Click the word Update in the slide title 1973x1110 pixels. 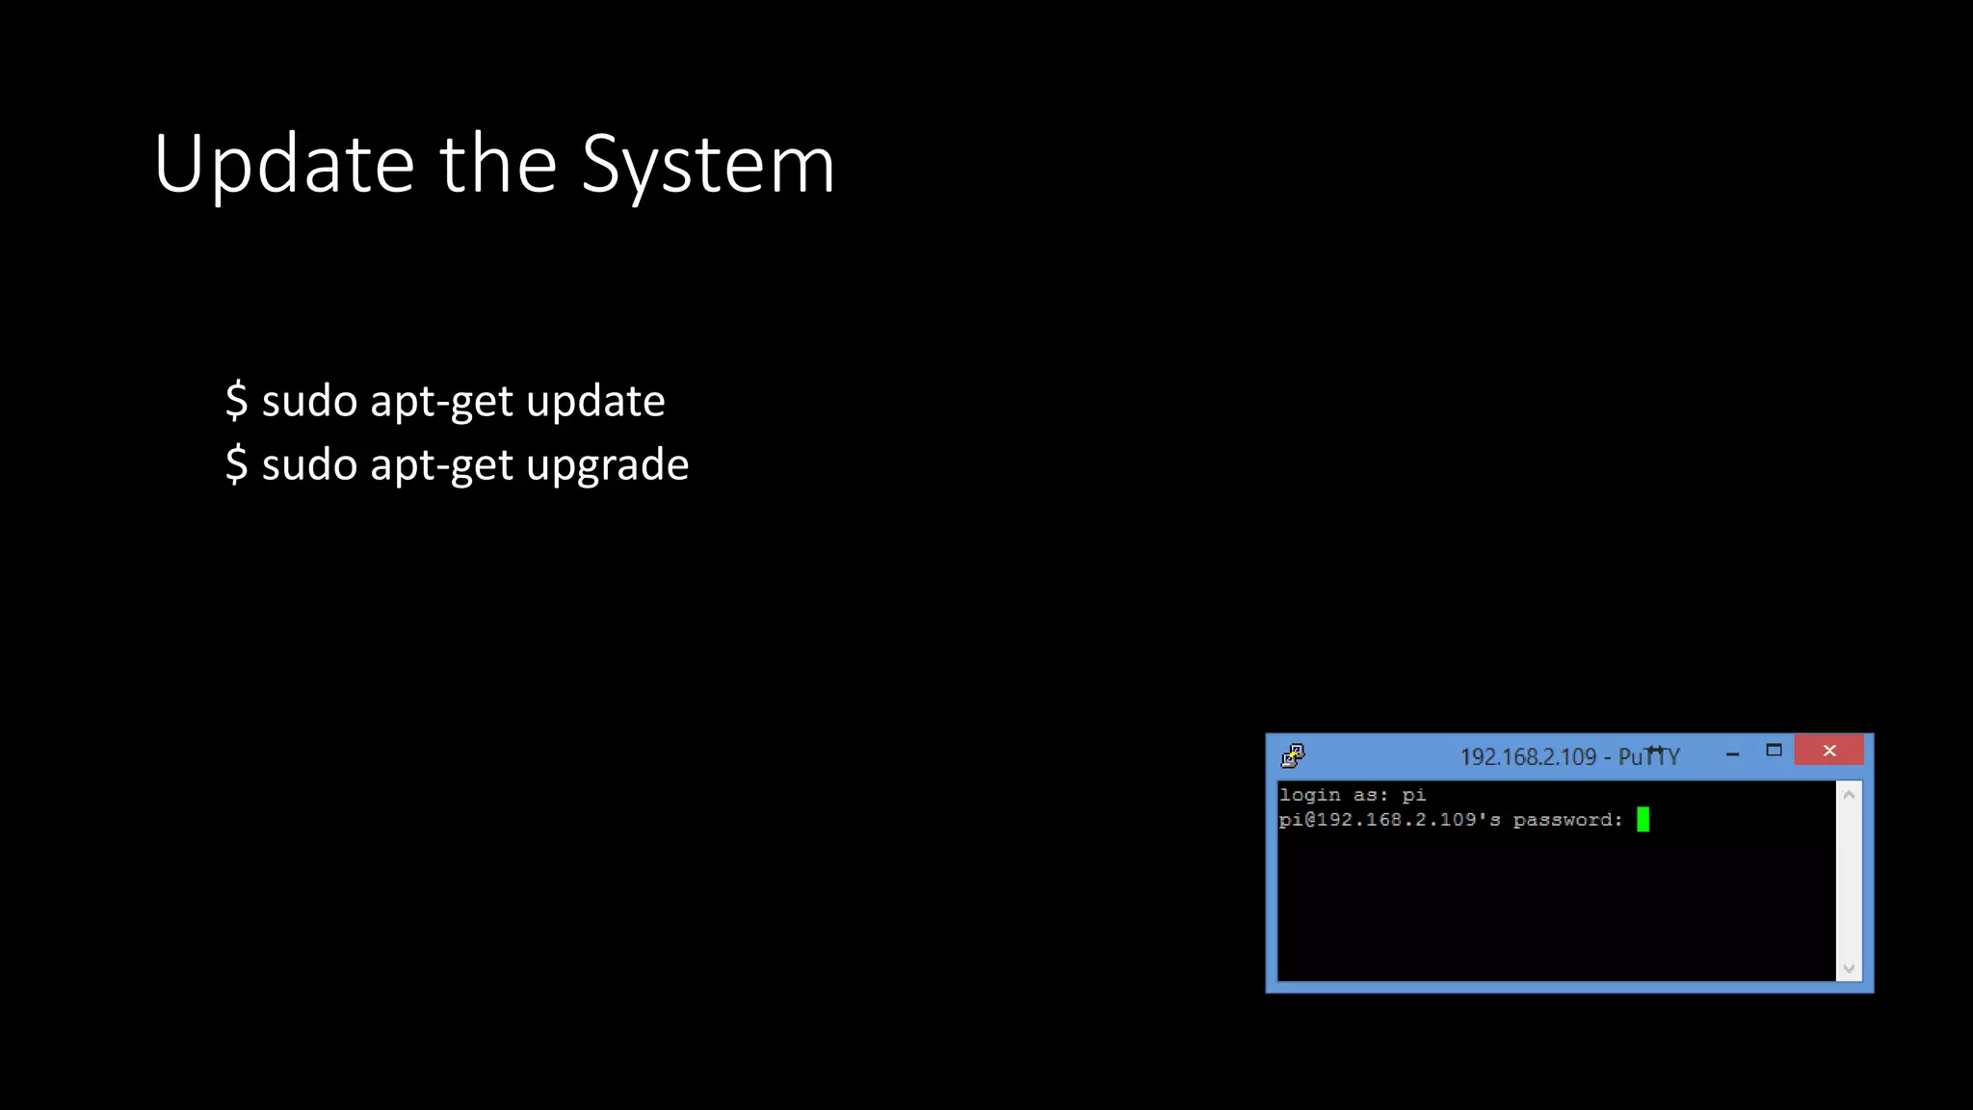point(283,165)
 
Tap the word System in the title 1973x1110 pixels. point(708,165)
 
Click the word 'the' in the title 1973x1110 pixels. point(498,165)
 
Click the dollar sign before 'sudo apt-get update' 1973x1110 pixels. point(236,401)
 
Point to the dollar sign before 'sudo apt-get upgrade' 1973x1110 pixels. point(236,465)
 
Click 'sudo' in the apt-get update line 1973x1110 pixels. point(309,401)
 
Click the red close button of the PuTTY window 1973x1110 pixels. point(1828,751)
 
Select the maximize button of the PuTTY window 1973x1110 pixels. point(1774,751)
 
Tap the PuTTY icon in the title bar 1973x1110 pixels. point(1293,755)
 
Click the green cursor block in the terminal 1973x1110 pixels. point(1643,819)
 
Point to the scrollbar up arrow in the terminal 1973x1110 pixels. point(1849,795)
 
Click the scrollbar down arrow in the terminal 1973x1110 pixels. point(1849,968)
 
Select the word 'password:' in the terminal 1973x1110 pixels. point(1567,820)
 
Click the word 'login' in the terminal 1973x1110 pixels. point(1309,795)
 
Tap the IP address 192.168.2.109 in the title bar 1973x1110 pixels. point(1528,757)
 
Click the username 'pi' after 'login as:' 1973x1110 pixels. point(1413,795)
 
